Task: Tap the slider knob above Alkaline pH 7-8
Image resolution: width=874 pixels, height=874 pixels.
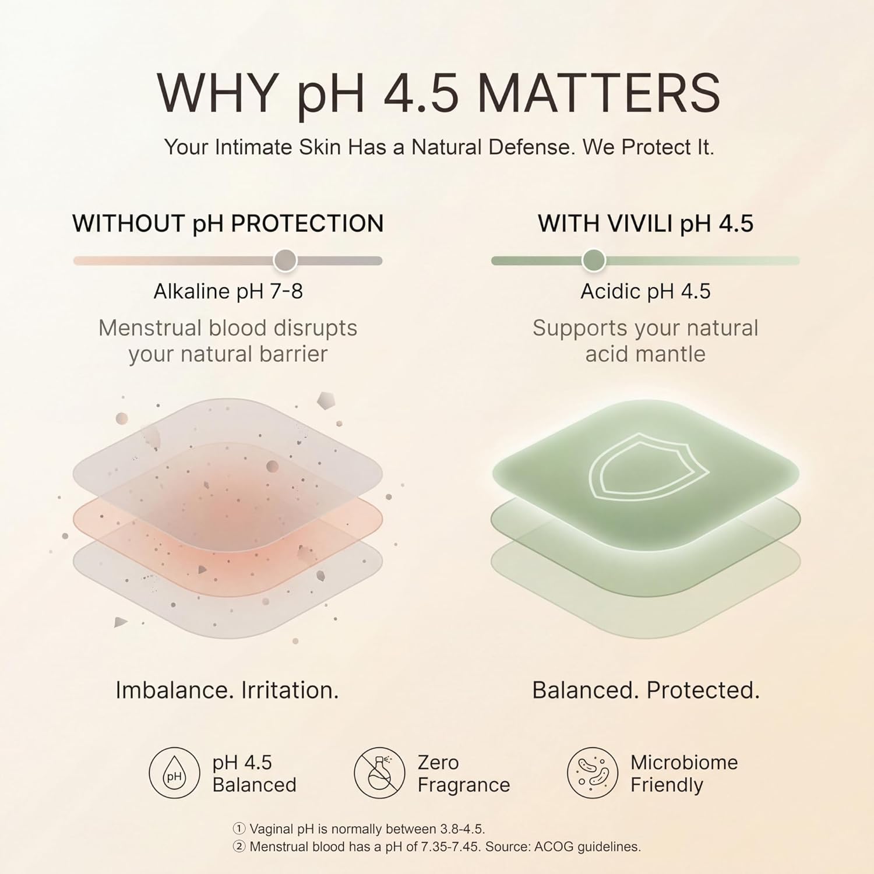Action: [286, 260]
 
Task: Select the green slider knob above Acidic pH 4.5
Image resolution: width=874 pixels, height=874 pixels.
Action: [594, 260]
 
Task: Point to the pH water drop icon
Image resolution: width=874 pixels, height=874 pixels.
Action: [174, 773]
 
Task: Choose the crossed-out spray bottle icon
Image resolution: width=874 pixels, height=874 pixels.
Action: [379, 773]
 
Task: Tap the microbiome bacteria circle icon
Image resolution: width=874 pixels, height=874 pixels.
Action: [593, 773]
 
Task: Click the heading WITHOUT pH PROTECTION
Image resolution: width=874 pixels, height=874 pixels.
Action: [228, 224]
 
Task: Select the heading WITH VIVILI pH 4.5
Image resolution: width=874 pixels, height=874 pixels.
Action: [646, 224]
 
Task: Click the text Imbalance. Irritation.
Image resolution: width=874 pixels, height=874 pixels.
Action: [227, 690]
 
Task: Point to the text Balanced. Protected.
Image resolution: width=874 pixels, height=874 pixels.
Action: [646, 690]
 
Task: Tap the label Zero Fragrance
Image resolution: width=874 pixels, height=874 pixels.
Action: [464, 774]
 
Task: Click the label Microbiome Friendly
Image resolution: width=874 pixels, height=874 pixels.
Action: [684, 774]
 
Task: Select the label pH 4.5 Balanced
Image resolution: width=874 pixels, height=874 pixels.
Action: [255, 774]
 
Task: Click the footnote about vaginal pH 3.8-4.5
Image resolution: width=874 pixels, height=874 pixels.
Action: [359, 829]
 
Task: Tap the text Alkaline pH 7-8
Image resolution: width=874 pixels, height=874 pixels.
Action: [228, 291]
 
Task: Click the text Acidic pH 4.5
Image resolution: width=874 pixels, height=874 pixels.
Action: [646, 291]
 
